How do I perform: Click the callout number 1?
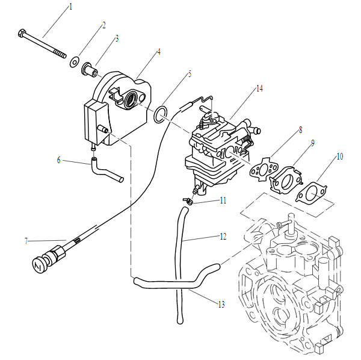click(x=70, y=7)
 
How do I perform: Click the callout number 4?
click(x=158, y=52)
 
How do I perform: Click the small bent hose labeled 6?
click(x=106, y=170)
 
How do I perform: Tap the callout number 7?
click(x=26, y=241)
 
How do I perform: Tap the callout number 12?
click(x=223, y=237)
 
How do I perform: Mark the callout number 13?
click(x=221, y=305)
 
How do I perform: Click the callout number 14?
click(x=259, y=88)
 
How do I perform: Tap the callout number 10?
click(x=340, y=156)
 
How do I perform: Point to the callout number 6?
click(x=59, y=160)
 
